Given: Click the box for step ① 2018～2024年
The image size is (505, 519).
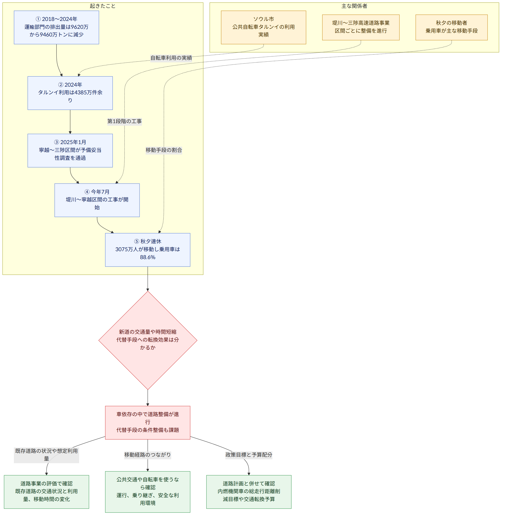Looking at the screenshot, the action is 57,27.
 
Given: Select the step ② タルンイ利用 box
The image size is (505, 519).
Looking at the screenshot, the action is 70,93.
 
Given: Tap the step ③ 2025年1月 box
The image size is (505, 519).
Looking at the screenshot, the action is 70,150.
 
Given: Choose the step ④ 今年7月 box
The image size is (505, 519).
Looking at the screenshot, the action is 97,200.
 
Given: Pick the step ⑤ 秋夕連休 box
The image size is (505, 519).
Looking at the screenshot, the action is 148,250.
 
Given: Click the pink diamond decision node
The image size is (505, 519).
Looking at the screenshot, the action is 148,340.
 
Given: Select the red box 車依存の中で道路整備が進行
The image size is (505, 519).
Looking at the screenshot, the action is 148,423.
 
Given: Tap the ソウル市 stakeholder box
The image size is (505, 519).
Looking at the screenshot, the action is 263,27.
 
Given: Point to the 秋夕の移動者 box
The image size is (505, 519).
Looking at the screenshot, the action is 451,27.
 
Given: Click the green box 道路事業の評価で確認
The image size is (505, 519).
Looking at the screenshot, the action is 46,492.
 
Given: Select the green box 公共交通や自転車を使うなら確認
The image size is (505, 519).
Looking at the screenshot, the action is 148,492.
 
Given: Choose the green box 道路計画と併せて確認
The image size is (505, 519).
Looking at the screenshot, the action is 249,492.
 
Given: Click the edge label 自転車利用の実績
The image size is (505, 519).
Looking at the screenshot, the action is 171,58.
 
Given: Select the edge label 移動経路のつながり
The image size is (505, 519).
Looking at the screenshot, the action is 148,455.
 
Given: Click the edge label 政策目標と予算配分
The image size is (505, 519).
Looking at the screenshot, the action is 249,455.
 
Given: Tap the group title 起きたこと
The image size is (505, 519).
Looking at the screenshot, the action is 103,6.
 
